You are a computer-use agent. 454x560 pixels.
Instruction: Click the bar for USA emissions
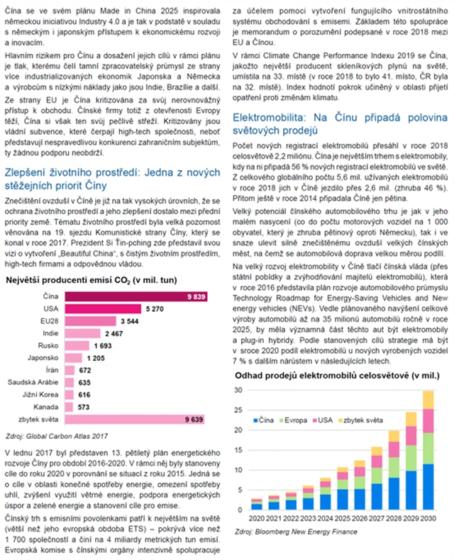[106, 289]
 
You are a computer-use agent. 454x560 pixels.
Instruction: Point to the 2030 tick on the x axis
[428, 517]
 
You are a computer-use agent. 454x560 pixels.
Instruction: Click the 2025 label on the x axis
[342, 517]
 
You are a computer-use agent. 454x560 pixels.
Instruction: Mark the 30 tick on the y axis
[239, 391]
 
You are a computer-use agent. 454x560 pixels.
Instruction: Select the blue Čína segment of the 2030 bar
[428, 487]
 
